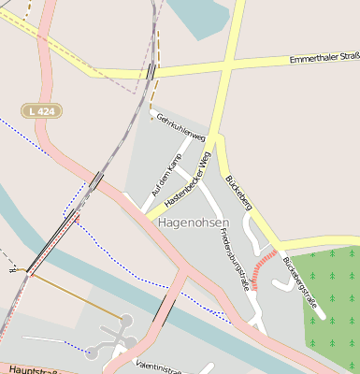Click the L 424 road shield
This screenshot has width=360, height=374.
[41, 110]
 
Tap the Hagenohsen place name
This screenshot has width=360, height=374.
[193, 223]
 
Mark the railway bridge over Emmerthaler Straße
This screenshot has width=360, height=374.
[151, 71]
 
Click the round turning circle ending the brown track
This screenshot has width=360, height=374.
[125, 321]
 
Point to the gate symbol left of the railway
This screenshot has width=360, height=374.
[13, 269]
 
